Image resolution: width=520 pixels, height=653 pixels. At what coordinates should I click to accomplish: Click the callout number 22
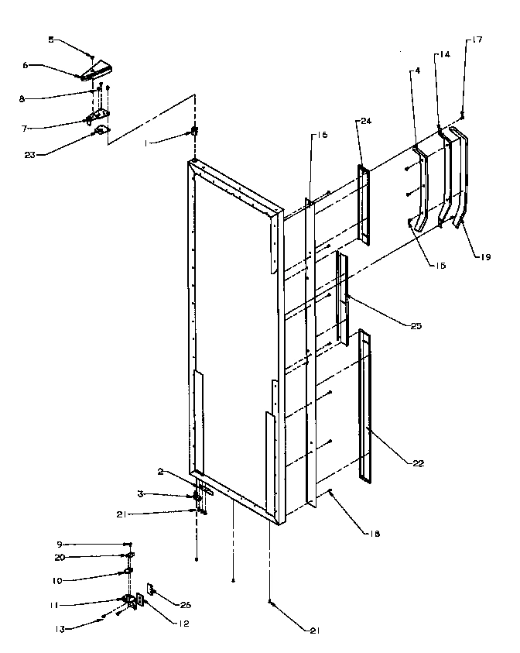pos(418,463)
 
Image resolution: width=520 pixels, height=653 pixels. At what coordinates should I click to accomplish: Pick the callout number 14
pos(444,55)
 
